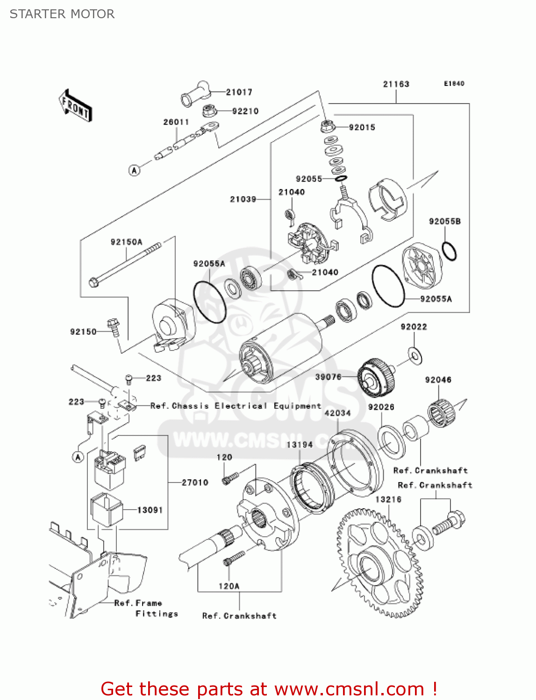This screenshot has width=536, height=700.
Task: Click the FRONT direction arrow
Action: click(75, 106)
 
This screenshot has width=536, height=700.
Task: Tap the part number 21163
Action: click(396, 84)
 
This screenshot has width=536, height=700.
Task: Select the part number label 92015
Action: click(362, 127)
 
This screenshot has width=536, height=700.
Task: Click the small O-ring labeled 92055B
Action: click(449, 252)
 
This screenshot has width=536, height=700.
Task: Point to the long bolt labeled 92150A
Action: click(126, 263)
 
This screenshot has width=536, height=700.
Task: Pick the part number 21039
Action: click(243, 199)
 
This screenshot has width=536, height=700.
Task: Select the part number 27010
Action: click(195, 483)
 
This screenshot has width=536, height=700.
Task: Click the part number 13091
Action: click(150, 510)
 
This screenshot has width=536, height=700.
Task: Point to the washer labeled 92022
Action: click(415, 355)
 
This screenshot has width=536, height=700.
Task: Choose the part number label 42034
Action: click(337, 413)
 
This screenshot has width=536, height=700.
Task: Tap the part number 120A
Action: click(229, 586)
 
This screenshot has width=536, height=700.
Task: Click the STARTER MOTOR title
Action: click(62, 14)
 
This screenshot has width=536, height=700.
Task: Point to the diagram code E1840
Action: click(454, 84)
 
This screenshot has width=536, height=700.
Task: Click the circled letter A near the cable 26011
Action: click(135, 170)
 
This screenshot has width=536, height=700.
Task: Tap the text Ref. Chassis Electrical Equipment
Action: click(236, 406)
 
